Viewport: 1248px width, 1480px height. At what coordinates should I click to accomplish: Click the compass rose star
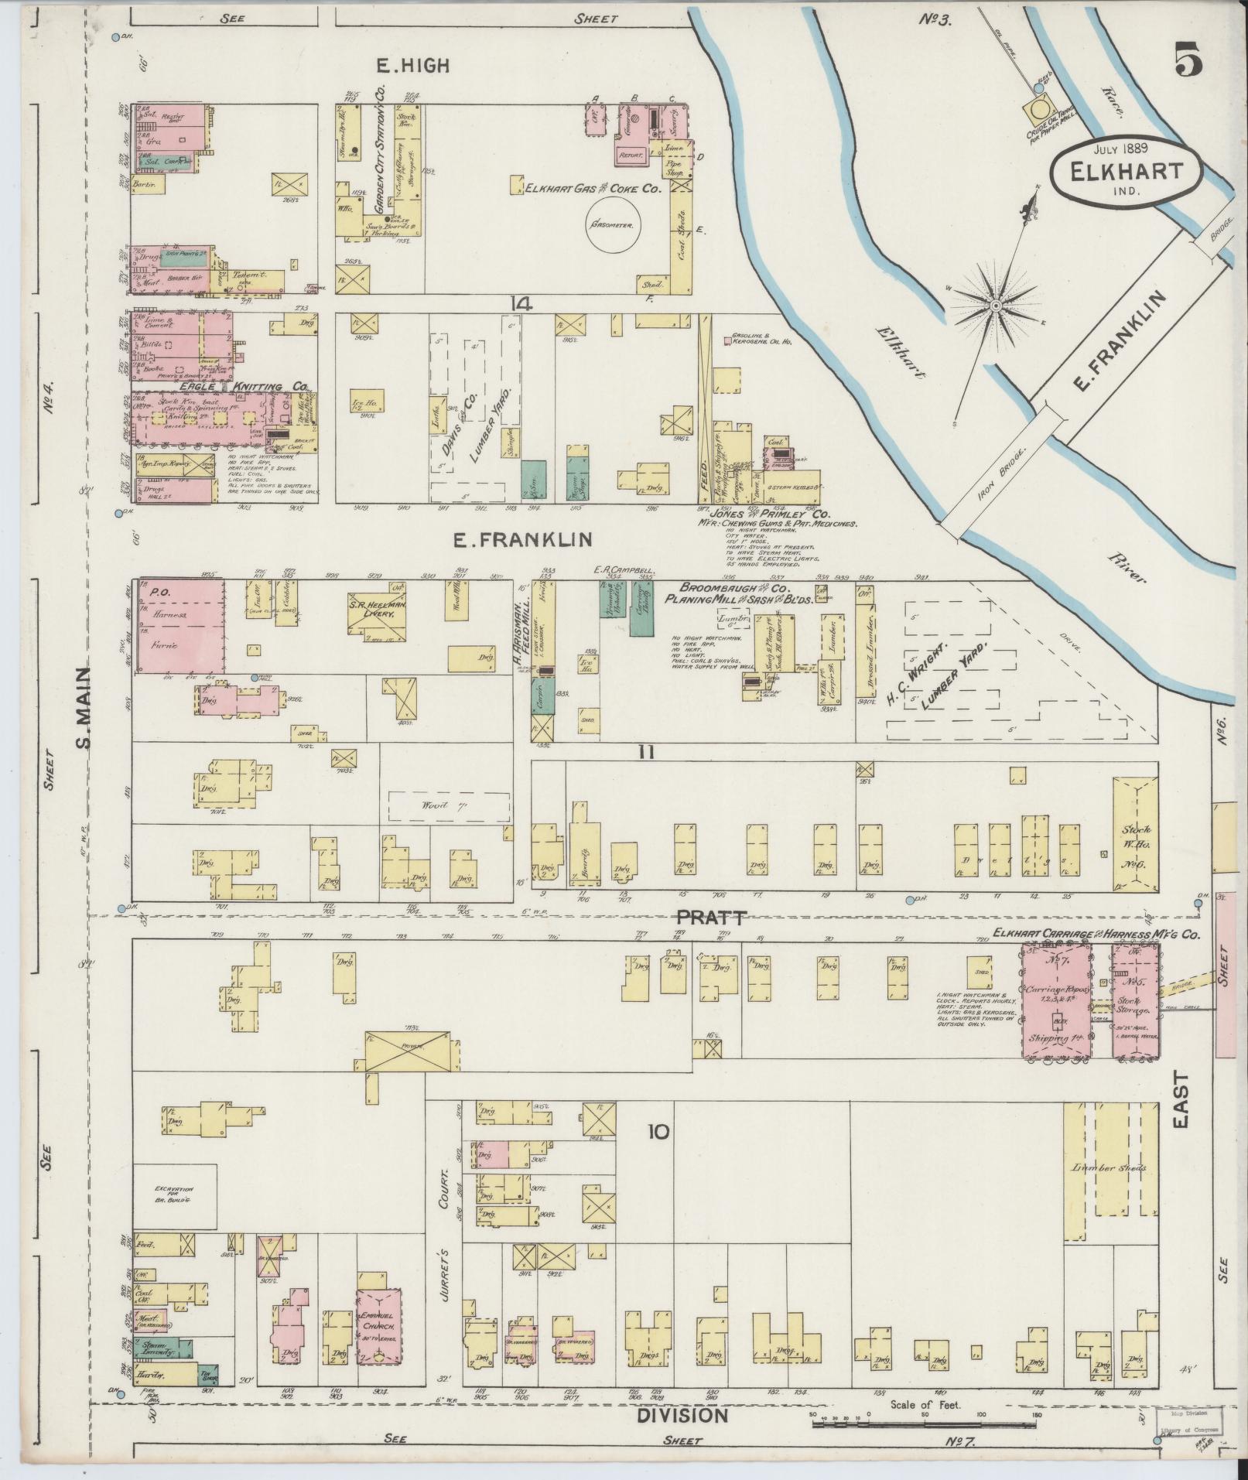[995, 308]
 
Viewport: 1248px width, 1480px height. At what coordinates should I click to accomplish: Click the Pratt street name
[712, 918]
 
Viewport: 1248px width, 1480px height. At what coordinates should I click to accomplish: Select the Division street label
[682, 1416]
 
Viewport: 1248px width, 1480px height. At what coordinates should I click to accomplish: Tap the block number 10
[658, 1133]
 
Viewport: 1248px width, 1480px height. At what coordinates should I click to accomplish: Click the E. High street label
[412, 67]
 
